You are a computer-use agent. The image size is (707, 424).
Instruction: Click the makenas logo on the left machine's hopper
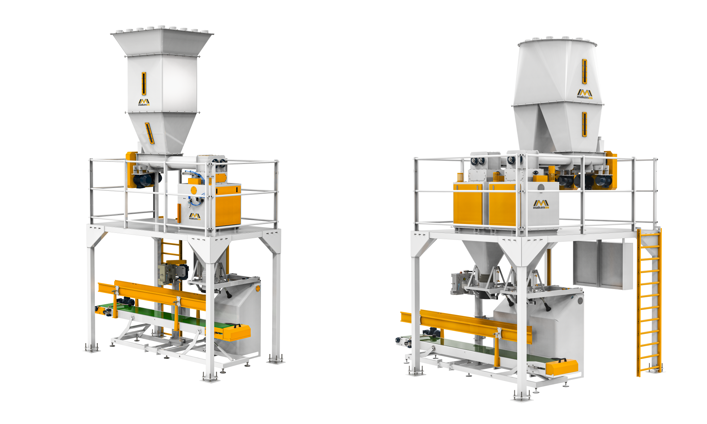144,102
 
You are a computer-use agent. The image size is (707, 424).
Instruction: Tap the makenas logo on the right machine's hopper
585,94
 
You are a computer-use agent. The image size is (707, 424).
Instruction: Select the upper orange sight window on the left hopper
144,84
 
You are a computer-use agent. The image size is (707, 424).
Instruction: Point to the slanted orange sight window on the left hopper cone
150,133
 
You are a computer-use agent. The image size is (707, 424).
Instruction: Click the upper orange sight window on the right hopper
584,71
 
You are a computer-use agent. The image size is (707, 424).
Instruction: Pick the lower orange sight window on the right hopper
584,124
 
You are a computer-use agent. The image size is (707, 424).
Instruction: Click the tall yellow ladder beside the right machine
649,302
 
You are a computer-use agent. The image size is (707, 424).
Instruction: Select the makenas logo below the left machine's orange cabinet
194,217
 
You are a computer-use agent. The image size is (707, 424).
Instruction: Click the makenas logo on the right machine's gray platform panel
541,204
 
